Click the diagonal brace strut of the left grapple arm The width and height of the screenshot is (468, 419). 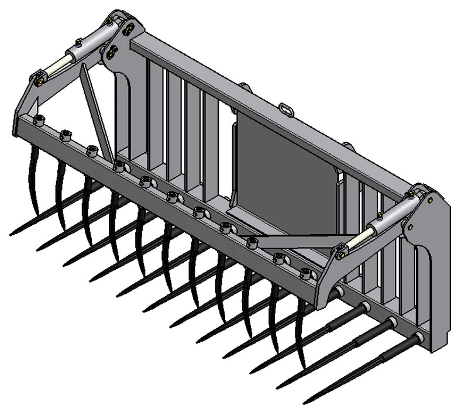click(x=97, y=111)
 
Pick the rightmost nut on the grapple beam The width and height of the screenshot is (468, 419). click(x=305, y=272)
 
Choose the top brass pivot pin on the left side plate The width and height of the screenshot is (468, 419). click(x=112, y=20)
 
